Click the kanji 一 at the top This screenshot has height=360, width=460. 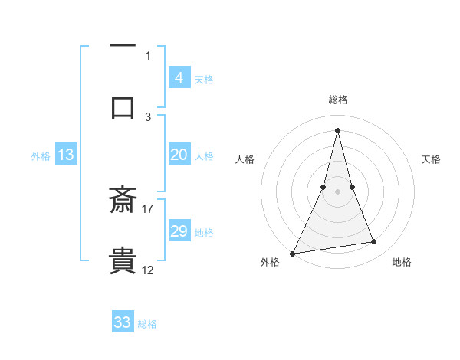click(123, 46)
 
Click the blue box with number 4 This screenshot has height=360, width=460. click(179, 78)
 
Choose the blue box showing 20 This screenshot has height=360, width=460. click(179, 155)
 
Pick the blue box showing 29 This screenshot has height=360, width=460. click(179, 231)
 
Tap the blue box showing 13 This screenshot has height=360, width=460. click(66, 155)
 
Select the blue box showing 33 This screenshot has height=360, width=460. click(123, 322)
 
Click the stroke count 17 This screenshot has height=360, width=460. click(148, 208)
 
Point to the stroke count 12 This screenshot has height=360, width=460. click(148, 270)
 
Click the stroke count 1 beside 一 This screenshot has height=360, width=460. click(148, 55)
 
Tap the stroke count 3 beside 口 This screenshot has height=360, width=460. click(148, 116)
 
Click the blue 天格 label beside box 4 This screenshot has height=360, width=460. click(204, 79)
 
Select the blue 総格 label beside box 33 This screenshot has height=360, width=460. click(147, 324)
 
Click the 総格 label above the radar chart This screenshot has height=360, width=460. click(338, 100)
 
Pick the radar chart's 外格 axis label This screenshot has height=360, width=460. click(270, 263)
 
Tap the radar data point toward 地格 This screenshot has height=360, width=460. click(374, 242)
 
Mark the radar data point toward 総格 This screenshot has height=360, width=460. click(337, 130)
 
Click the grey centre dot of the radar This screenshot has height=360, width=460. click(337, 191)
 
